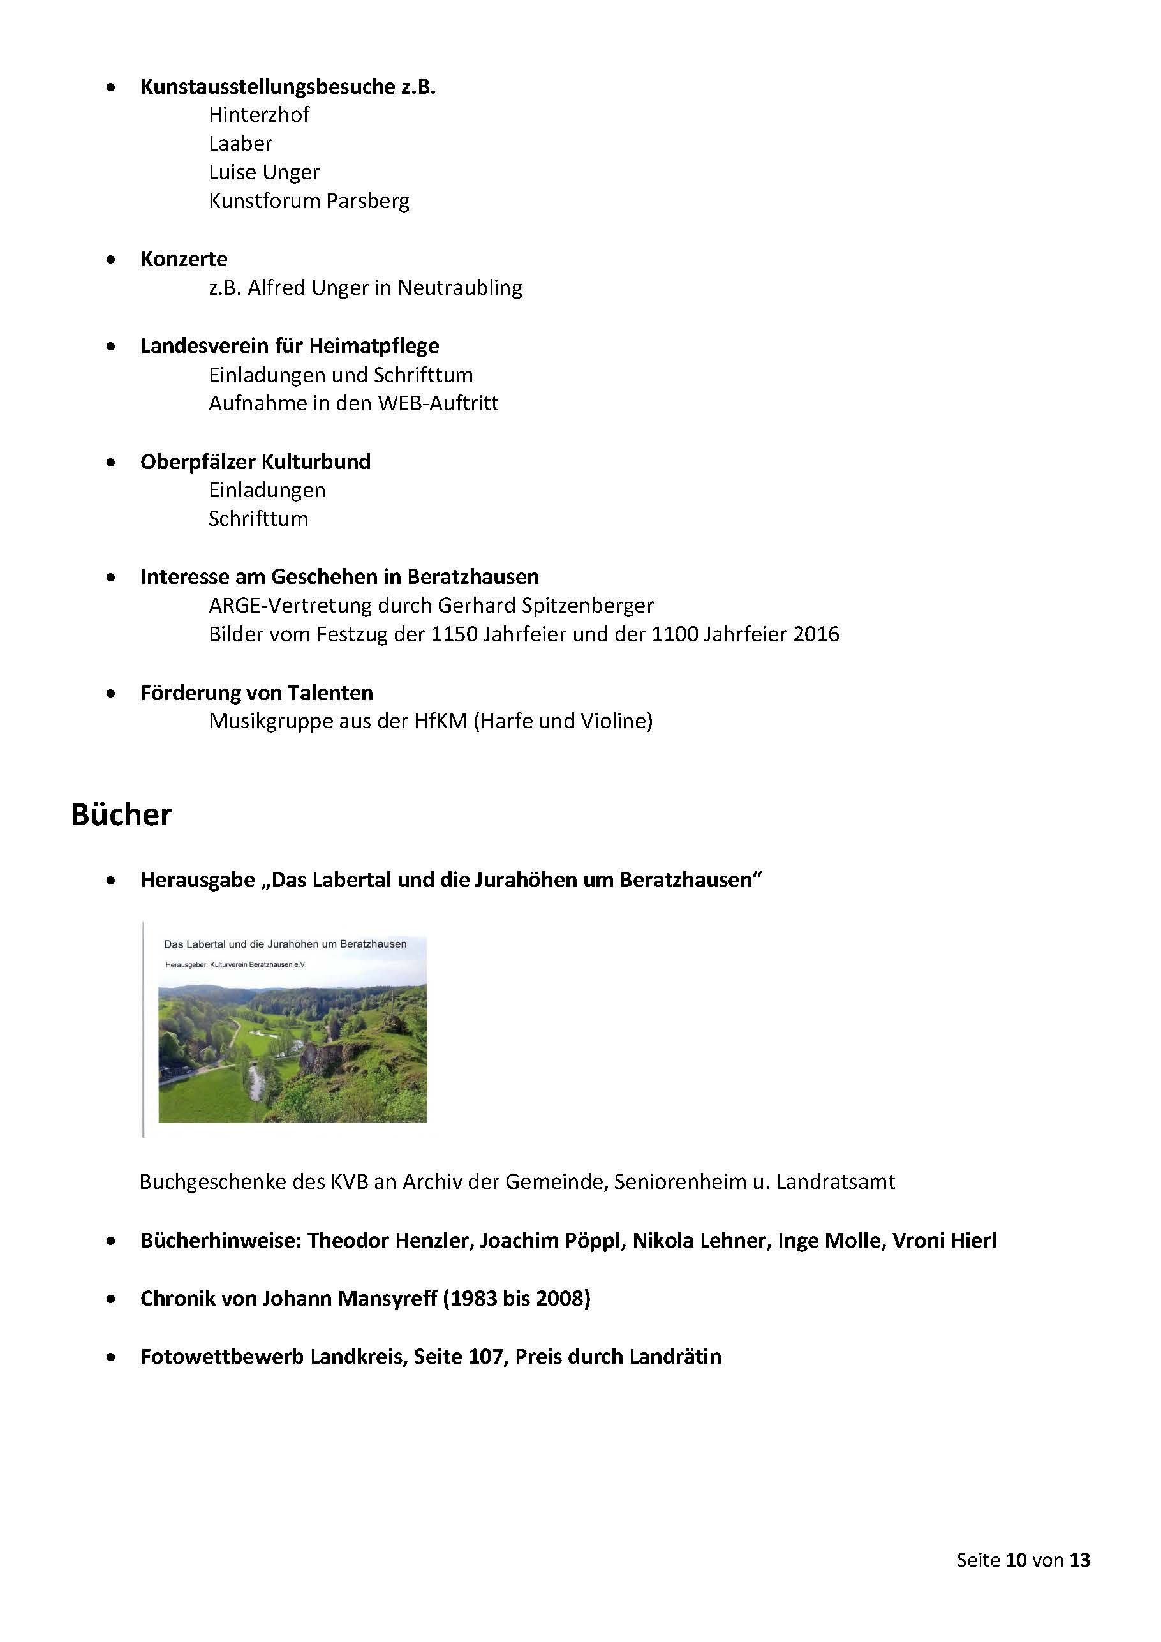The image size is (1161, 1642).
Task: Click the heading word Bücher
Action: [x=122, y=814]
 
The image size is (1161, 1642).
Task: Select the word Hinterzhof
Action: [x=259, y=114]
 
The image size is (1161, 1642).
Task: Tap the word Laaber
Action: [x=240, y=143]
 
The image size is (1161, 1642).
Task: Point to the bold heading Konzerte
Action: [x=184, y=259]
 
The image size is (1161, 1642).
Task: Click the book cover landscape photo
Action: [x=292, y=1052]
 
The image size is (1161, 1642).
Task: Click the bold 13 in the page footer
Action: [x=1079, y=1560]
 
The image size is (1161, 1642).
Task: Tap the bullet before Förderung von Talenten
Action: [x=111, y=693]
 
